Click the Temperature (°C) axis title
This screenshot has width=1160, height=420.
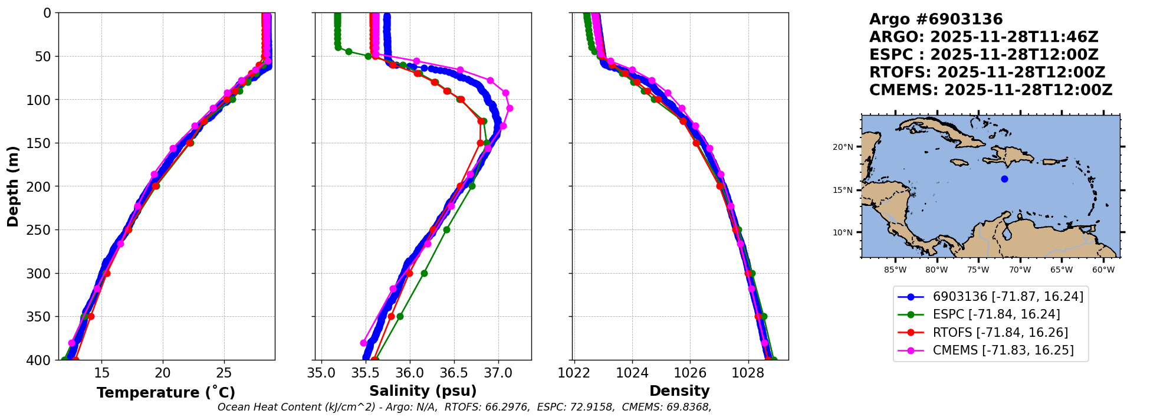pos(166,392)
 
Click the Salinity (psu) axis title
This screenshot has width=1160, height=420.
pos(423,391)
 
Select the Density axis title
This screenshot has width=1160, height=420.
pos(679,391)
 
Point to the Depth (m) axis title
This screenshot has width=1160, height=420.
pos(13,186)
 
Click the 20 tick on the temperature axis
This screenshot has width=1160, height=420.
pos(163,373)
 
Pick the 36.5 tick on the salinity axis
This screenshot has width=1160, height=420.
pos(454,373)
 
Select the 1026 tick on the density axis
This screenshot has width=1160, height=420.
pos(690,373)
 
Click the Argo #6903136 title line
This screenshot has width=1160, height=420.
pos(935,19)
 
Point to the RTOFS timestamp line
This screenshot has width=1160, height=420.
pos(987,73)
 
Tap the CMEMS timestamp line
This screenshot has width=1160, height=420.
pos(990,90)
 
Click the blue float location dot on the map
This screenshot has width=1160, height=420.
pos(1004,179)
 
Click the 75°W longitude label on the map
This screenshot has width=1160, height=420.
pos(978,270)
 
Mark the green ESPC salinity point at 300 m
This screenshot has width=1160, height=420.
pos(424,273)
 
